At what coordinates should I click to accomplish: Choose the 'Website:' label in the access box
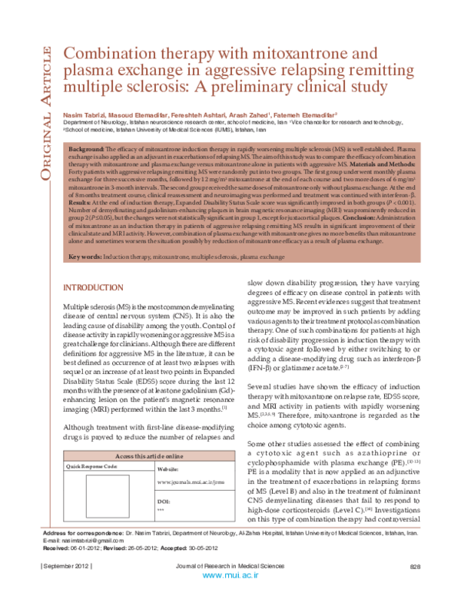(x=167, y=468)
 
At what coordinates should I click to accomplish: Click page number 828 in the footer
(x=415, y=588)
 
